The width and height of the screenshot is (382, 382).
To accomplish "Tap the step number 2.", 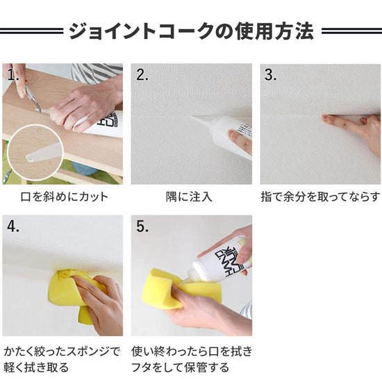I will pyautogui.click(x=142, y=76).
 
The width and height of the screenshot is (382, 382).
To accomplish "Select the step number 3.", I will pyautogui.click(x=271, y=76).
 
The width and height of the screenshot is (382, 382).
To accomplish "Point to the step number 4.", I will pyautogui.click(x=13, y=226).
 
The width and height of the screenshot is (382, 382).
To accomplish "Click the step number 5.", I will pyautogui.click(x=142, y=226).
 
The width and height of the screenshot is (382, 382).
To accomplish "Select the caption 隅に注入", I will pyautogui.click(x=191, y=197).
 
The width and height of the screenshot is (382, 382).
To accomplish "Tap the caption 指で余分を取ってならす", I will pyautogui.click(x=320, y=197).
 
